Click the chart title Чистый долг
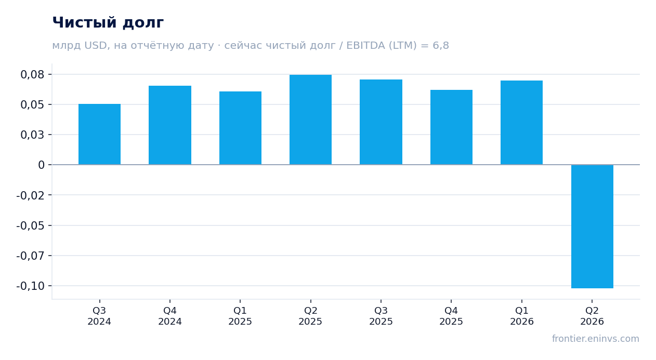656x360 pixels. [108, 23]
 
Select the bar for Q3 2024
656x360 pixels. [100, 134]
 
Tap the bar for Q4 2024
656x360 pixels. [170, 125]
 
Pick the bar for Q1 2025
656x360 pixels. [241, 128]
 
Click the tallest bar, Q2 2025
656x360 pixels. [311, 119]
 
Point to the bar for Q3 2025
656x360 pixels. [381, 122]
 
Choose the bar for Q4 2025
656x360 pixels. [451, 127]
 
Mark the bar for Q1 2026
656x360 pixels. [521, 123]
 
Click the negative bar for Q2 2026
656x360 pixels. [592, 226]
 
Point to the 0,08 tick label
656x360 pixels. [33, 75]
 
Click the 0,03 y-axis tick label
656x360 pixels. [33, 135]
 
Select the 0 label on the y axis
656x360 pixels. [41, 165]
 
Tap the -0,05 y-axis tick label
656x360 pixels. [31, 225]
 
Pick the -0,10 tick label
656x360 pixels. [31, 286]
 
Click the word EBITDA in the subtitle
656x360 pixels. [365, 46]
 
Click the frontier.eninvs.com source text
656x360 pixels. [596, 339]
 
